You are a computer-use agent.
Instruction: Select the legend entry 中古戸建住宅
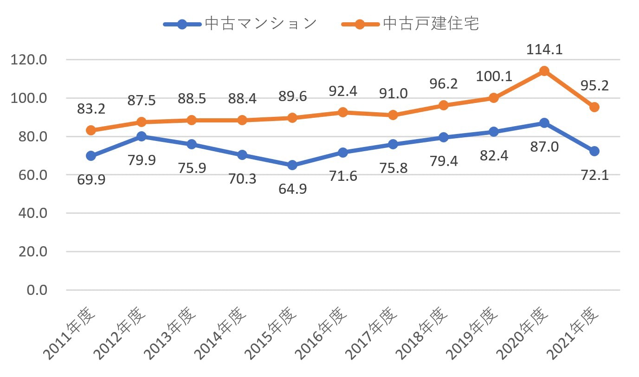pyautogui.click(x=410, y=24)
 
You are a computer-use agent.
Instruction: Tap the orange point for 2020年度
pyautogui.click(x=544, y=71)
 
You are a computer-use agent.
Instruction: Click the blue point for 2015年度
pyautogui.click(x=292, y=165)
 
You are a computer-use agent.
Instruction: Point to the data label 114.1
pyautogui.click(x=544, y=50)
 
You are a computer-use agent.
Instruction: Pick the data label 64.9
pyautogui.click(x=292, y=189)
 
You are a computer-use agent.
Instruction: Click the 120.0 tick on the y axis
pyautogui.click(x=29, y=60)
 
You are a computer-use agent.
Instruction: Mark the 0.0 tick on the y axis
pyautogui.click(x=37, y=290)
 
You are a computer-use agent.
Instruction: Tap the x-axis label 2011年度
pyautogui.click(x=69, y=333)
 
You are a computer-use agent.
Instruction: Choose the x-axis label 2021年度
pyautogui.click(x=573, y=333)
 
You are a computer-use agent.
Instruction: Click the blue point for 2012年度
pyautogui.click(x=142, y=136)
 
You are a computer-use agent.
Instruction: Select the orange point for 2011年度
pyautogui.click(x=91, y=130)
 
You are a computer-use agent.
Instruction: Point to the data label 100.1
pyautogui.click(x=494, y=77)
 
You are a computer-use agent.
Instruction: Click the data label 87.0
pyautogui.click(x=544, y=147)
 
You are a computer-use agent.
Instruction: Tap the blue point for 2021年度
pyautogui.click(x=594, y=151)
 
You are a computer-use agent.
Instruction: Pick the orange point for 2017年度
pyautogui.click(x=393, y=115)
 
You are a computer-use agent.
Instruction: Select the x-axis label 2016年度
pyautogui.click(x=321, y=333)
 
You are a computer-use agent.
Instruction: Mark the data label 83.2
pyautogui.click(x=91, y=109)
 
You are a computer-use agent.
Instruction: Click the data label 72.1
pyautogui.click(x=595, y=175)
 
